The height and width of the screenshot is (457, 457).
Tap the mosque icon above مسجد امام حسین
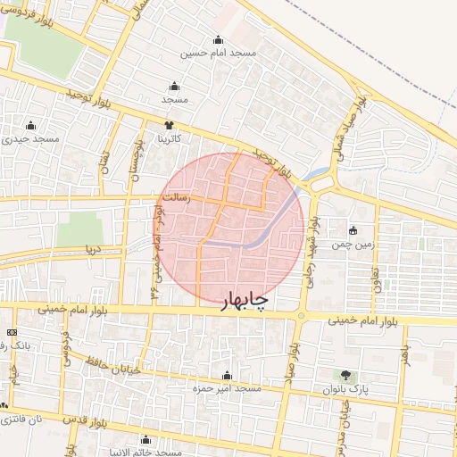[219, 40]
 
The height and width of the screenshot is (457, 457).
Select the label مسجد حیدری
[31, 139]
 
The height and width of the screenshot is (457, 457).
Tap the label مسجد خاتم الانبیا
[147, 452]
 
